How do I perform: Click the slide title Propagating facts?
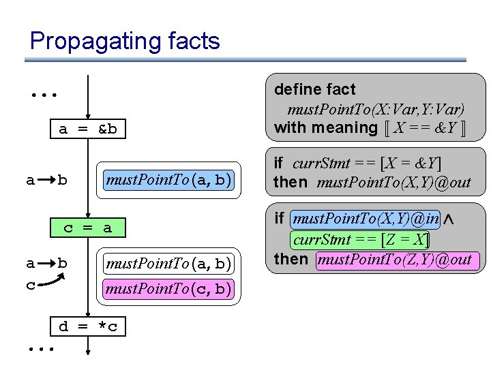pos(125,41)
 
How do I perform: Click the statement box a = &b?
pos(88,129)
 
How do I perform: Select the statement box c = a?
pos(88,228)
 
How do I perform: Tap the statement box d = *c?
pos(88,326)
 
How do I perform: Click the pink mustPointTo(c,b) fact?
pos(168,289)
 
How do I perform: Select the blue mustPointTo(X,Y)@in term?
pos(366,219)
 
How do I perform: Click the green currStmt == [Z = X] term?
pos(361,239)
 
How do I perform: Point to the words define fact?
pos(314,89)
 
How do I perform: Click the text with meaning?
pos(325,127)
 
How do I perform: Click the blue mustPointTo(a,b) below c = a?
pos(168,263)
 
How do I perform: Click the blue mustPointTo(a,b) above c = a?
pos(168,181)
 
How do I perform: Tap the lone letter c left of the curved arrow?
pos(30,285)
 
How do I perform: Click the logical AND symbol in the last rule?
pos(449,219)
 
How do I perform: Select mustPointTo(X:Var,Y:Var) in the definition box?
pos(376,109)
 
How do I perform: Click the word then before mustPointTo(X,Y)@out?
pos(291,182)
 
